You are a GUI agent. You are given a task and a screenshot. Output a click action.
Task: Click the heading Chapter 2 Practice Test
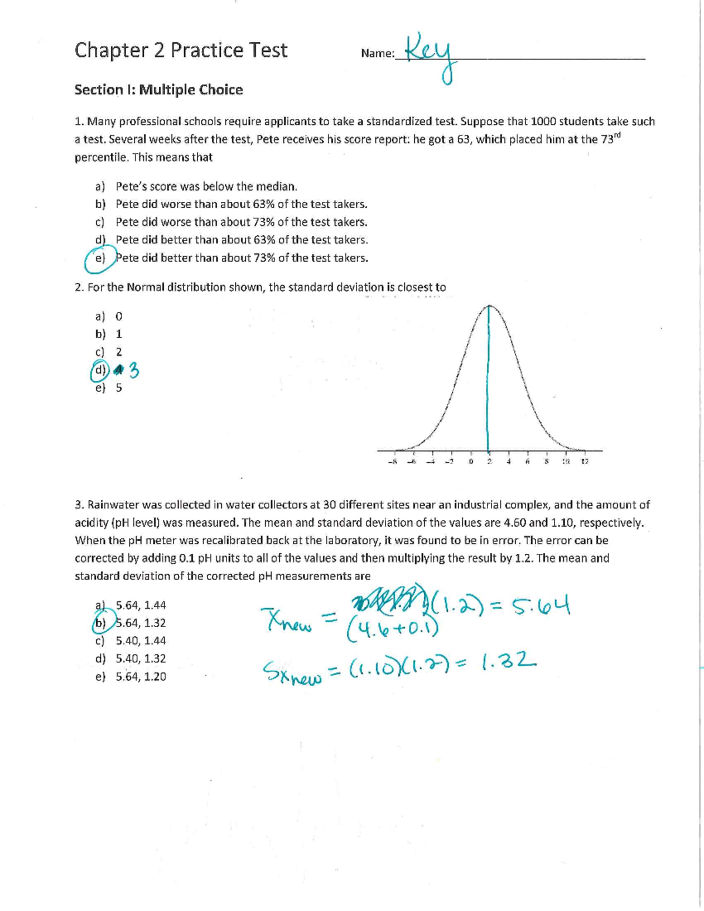pos(181,50)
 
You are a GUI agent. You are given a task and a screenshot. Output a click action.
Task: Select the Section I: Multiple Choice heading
pos(158,90)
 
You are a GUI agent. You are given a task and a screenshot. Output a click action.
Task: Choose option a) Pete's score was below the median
pos(206,187)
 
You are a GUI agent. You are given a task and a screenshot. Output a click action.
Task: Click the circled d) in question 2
pos(100,370)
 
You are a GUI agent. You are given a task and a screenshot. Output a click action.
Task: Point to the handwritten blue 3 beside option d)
pos(133,371)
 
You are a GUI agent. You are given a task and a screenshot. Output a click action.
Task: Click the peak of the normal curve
pos(489,306)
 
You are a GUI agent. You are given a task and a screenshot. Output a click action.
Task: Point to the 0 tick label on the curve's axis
pos(471,462)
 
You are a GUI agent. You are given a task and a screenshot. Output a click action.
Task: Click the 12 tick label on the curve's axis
pos(584,462)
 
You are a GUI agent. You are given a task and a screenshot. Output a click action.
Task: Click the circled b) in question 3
pos(100,623)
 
